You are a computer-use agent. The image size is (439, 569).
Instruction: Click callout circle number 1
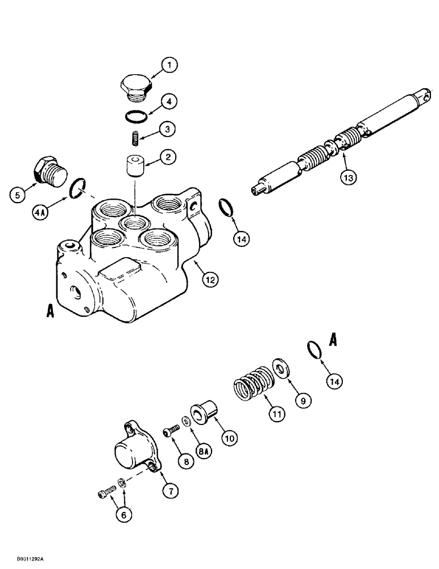(x=168, y=65)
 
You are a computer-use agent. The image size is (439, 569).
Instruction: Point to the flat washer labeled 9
(x=280, y=369)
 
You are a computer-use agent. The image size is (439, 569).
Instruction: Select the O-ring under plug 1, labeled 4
(x=136, y=116)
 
